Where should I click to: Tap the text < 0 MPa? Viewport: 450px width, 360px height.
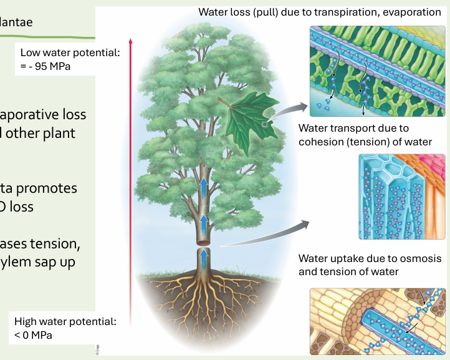tap(34, 335)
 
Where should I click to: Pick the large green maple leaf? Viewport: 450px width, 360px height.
tap(244, 118)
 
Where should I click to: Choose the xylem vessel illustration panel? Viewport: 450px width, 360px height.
tap(402, 197)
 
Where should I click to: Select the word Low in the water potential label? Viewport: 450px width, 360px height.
tap(31, 52)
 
